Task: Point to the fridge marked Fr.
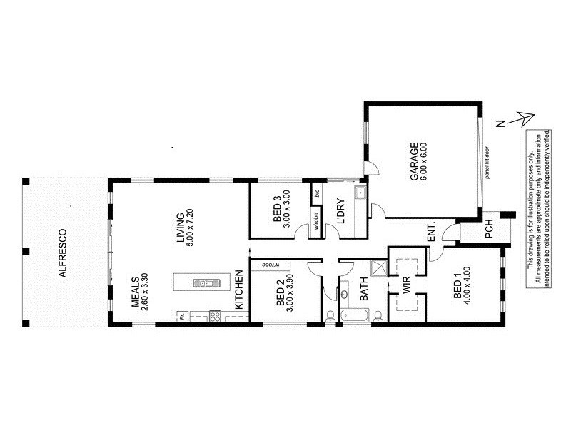click(183, 315)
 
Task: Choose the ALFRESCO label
click(62, 253)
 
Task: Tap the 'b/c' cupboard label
click(316, 194)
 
